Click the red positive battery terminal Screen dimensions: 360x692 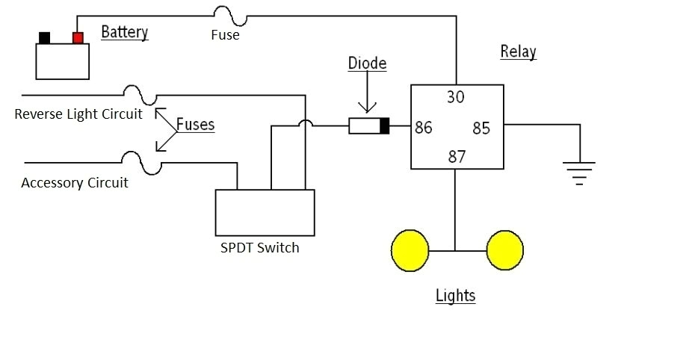[78, 37]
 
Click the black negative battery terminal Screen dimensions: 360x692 [45, 37]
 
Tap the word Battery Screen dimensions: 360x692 [124, 32]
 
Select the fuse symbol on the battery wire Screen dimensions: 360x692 [226, 14]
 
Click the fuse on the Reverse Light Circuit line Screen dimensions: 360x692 [140, 95]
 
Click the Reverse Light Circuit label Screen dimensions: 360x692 [78, 114]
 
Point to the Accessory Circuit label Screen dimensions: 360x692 [75, 183]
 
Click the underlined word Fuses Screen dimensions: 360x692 [195, 125]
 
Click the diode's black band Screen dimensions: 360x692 [384, 126]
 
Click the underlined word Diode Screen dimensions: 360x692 [367, 63]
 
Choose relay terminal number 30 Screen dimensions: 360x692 [456, 97]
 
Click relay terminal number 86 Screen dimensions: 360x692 [424, 128]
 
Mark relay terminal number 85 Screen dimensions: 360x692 [481, 128]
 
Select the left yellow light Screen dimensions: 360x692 [410, 250]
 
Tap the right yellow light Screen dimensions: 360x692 [504, 250]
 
